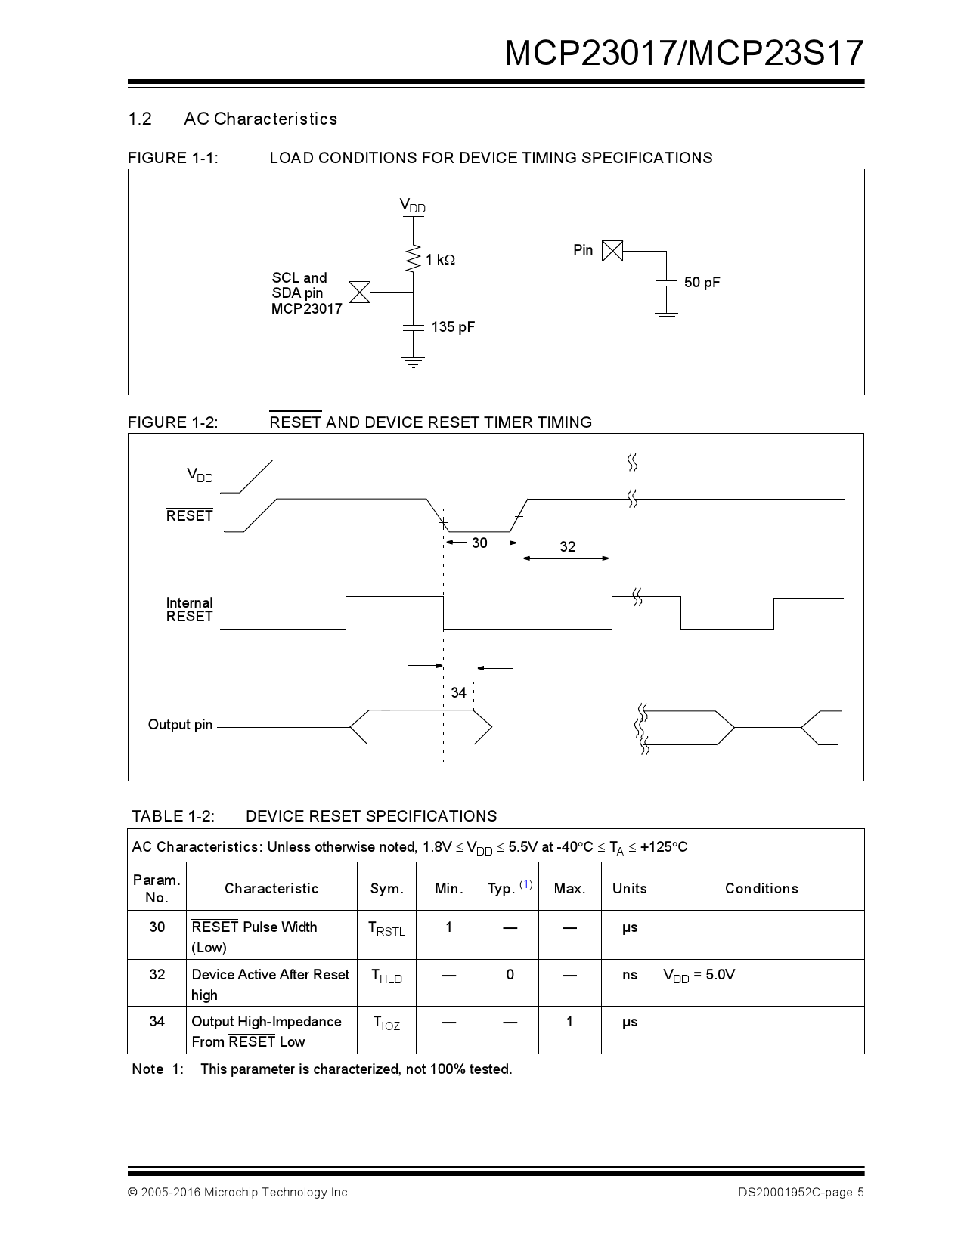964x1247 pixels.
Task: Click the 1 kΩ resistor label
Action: (440, 260)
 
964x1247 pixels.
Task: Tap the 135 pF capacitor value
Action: (453, 327)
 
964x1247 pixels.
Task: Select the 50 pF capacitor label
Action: (702, 283)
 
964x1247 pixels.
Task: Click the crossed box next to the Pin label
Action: (612, 251)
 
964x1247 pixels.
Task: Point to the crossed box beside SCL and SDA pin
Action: (360, 292)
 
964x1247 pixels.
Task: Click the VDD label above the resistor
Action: (412, 206)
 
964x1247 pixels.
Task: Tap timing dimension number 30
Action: (479, 543)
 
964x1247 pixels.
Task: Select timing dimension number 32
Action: (567, 546)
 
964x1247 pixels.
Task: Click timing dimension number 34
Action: (458, 692)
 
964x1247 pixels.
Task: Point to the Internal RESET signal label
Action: (189, 609)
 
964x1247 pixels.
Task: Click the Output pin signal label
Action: (180, 725)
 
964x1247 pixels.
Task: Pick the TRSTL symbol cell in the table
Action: (386, 929)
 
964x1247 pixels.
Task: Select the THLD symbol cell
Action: (386, 976)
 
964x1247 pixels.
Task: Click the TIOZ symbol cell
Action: (386, 1023)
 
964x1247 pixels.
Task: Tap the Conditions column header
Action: (761, 888)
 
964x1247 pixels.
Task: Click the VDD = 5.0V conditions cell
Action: (699, 975)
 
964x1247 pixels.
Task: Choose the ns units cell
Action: (630, 975)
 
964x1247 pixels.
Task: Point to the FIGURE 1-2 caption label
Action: (172, 422)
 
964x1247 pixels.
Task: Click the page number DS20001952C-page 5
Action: (801, 1193)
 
